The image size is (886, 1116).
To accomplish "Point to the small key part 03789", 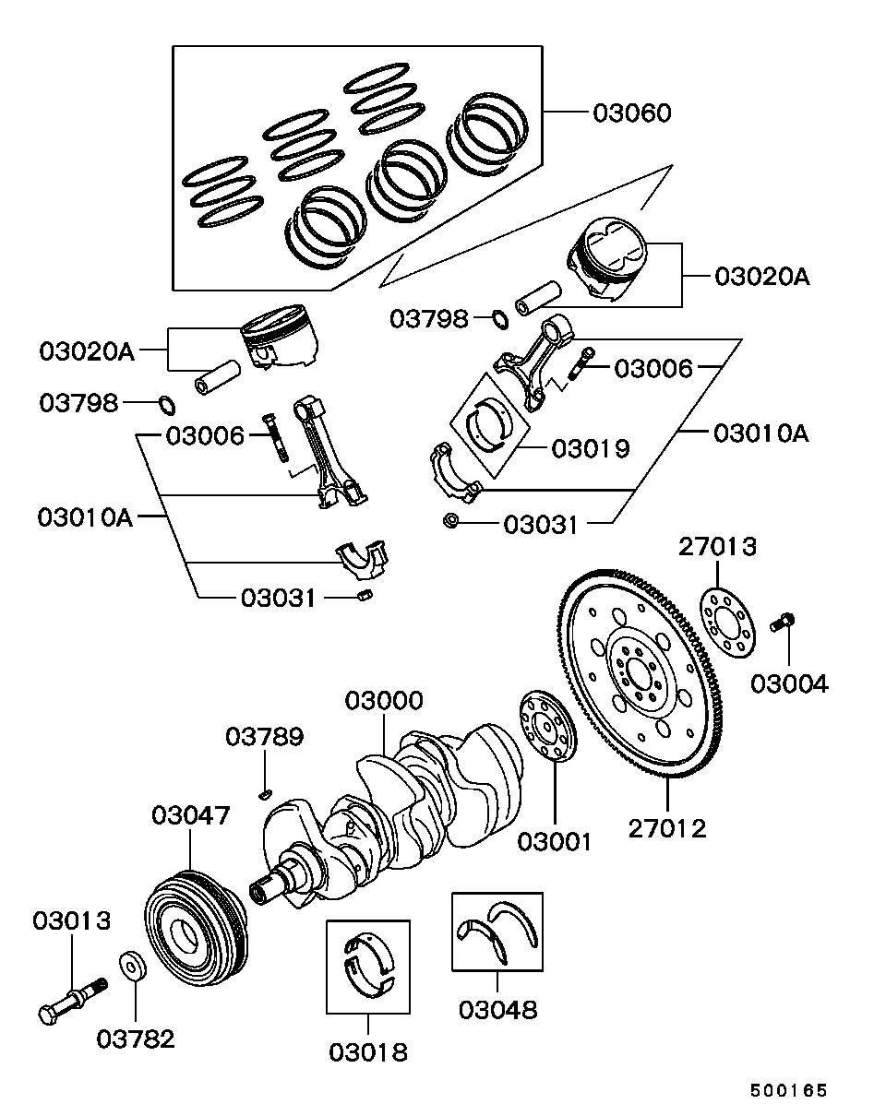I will pyautogui.click(x=266, y=791).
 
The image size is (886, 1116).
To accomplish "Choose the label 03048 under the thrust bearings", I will pyautogui.click(x=497, y=1009).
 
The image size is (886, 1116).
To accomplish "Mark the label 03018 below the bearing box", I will pyautogui.click(x=368, y=1051).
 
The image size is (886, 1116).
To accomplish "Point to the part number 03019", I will pyautogui.click(x=591, y=449).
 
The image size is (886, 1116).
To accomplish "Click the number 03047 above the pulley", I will pyautogui.click(x=191, y=815).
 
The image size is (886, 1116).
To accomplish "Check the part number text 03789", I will pyautogui.click(x=265, y=737).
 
